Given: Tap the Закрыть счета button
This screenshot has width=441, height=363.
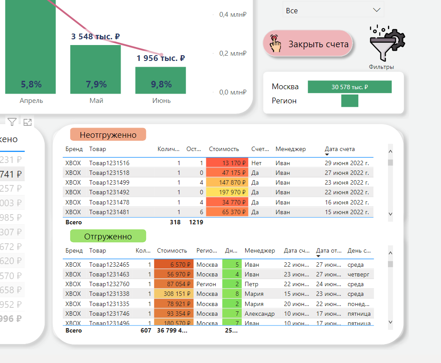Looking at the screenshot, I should pos(308,44).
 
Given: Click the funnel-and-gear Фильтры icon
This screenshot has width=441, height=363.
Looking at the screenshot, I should pos(387,44).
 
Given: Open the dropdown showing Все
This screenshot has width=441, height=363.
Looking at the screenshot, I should pos(333,10).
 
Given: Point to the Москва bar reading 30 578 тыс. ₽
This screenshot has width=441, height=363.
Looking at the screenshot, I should pos(350,87).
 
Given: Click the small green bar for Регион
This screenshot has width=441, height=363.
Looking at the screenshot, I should pos(350,101).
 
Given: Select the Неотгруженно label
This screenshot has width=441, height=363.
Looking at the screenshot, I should pos(108,135).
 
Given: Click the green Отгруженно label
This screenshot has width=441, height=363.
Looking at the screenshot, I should pos(108,236).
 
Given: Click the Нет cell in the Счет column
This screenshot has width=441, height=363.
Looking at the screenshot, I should pos(256,163).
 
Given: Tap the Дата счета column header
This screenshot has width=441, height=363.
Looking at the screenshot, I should pos(339,149).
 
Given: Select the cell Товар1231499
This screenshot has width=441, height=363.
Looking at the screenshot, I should pos(109,182).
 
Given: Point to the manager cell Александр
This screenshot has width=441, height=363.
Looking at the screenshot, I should pos(259,314).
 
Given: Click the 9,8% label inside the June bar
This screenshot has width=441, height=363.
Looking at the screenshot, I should pos(160,84).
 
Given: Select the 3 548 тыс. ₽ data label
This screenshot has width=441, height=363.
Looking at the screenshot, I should pos(95,37).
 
